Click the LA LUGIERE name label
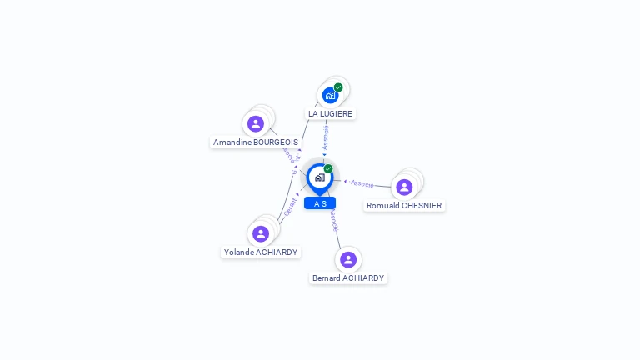pos(330,113)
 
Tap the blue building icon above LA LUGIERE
pos(330,95)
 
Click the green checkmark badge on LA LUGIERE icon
pos(338,87)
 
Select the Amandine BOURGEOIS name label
pos(255,142)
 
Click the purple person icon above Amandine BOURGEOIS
pos(256,124)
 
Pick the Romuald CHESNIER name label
pos(404,206)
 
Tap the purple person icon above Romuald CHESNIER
pos(404,187)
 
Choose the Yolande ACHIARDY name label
pos(260,252)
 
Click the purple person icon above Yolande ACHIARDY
pos(261,233)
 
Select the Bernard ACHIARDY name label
pos(348,278)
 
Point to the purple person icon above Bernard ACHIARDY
pos(348,259)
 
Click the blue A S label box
pos(320,203)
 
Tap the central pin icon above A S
pos(319,177)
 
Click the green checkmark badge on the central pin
pos(328,169)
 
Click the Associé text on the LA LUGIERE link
pos(326,137)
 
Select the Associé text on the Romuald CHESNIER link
pos(362,183)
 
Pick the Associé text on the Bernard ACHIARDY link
pos(333,220)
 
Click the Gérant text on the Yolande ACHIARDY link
pos(290,207)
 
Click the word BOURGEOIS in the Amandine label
pos(275,142)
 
